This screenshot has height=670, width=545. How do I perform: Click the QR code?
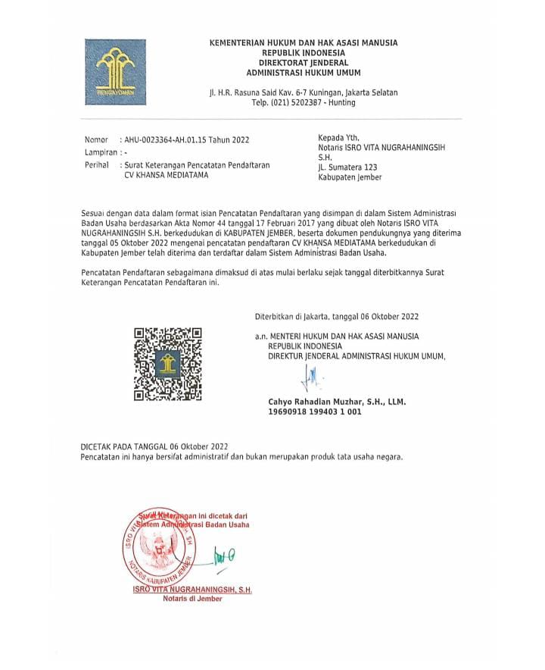point(167,363)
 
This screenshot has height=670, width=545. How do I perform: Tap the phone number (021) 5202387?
point(287,102)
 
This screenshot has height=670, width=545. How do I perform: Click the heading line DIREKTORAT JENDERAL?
point(303,63)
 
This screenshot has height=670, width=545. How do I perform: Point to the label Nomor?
point(97,140)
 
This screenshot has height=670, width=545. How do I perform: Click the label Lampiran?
point(101,152)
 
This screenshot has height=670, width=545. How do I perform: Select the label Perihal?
point(98,164)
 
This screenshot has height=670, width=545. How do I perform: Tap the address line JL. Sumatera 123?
point(347,167)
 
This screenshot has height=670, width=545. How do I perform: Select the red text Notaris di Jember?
point(192,599)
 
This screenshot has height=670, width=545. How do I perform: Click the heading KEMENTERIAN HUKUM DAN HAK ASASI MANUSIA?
point(303,43)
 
